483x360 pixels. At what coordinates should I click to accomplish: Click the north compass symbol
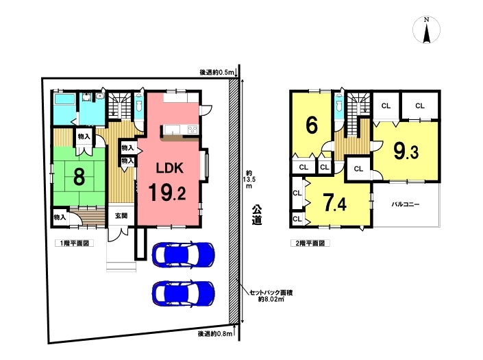(x=426, y=30)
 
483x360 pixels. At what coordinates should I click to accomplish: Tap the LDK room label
(x=170, y=168)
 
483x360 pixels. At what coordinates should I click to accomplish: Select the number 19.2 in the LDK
(x=167, y=192)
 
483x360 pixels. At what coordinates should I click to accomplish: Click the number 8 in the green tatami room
(x=79, y=177)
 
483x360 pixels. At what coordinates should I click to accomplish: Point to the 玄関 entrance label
(x=121, y=216)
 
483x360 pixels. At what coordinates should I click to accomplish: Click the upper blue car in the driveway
(x=184, y=255)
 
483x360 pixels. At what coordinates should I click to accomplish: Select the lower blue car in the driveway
(x=184, y=293)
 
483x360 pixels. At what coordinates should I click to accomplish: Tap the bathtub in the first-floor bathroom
(x=64, y=99)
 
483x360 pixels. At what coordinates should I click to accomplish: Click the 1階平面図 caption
(x=75, y=243)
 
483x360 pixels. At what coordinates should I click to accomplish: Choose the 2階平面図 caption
(x=310, y=243)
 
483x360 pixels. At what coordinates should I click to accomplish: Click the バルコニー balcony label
(x=406, y=204)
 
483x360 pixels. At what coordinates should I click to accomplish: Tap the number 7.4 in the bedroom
(x=334, y=202)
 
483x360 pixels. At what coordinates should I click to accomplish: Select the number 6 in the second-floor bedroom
(x=312, y=125)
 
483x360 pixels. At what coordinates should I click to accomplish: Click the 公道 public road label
(x=257, y=215)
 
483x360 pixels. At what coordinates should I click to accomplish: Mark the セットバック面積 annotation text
(x=271, y=293)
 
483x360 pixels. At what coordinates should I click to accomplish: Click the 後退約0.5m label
(x=216, y=73)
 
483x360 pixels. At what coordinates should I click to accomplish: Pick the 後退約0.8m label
(x=215, y=333)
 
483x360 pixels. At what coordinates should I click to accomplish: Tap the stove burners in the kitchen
(x=193, y=130)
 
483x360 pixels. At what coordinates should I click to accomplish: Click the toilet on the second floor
(x=339, y=105)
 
